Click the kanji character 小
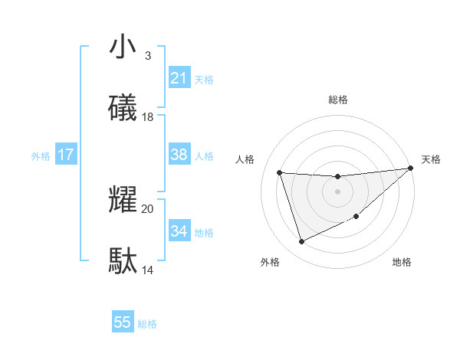(x=123, y=47)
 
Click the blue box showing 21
(x=179, y=78)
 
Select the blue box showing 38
(x=179, y=155)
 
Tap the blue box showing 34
(x=179, y=231)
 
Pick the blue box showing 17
(x=65, y=155)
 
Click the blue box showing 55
(x=123, y=322)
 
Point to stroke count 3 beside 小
(x=147, y=56)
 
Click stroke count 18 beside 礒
(x=148, y=117)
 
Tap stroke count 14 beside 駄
(x=148, y=270)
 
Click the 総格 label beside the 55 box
(x=147, y=324)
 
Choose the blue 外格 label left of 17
(x=41, y=156)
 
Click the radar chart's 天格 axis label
(x=431, y=159)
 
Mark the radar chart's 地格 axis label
(x=402, y=262)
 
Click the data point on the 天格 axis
(x=410, y=169)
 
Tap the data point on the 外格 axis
(x=301, y=242)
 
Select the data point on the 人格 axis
(x=280, y=173)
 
